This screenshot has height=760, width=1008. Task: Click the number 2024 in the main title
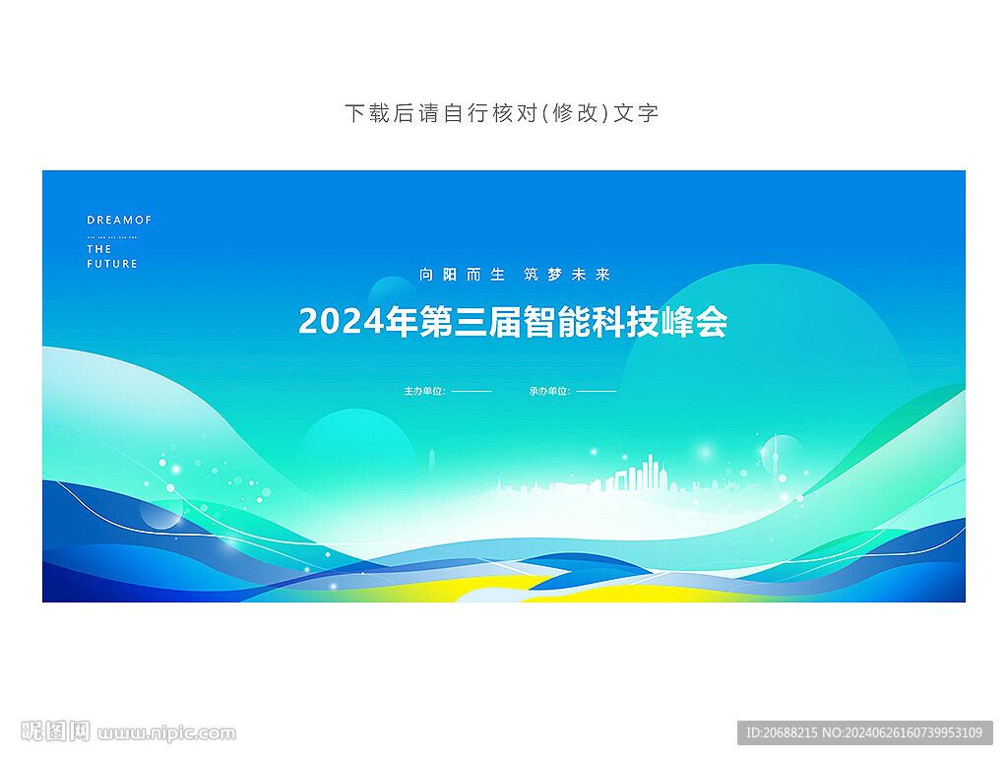point(342,322)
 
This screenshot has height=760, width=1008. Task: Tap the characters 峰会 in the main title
point(694,322)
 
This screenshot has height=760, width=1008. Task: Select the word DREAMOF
point(119,220)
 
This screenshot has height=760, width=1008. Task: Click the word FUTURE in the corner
point(112,264)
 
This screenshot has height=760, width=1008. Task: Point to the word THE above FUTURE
point(99,249)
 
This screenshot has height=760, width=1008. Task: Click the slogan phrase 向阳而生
point(462,275)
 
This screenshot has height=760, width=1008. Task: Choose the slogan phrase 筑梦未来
point(566,275)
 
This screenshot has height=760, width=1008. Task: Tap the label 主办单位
point(423,391)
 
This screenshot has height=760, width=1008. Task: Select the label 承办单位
point(548,391)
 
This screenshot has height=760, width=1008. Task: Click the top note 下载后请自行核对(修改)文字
point(502,113)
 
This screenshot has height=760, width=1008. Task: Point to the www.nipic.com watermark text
point(166,733)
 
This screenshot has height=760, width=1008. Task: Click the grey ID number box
point(864,732)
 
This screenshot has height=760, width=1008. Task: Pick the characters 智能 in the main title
point(557,322)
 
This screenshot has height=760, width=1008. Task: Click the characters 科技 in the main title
point(625,322)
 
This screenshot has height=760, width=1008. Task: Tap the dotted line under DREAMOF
point(112,237)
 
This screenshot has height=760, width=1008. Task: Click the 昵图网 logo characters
point(55,731)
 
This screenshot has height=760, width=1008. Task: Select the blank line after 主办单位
point(472,391)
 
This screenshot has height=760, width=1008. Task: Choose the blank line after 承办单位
point(597,391)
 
